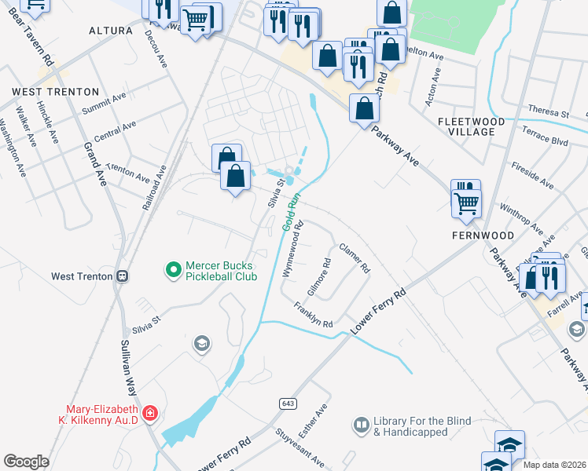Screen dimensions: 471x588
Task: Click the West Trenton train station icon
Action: pyautogui.click(x=122, y=276)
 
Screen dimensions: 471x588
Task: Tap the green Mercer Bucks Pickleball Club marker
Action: pyautogui.click(x=174, y=270)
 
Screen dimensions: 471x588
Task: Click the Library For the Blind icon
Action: pyautogui.click(x=361, y=425)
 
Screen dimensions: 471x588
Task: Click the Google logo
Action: pyautogui.click(x=26, y=461)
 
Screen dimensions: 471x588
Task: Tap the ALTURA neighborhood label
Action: pyautogui.click(x=111, y=31)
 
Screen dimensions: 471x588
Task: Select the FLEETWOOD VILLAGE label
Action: pyautogui.click(x=476, y=126)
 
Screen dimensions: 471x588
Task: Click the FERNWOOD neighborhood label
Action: pyautogui.click(x=483, y=235)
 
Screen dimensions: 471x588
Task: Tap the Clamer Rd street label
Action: pyautogui.click(x=355, y=257)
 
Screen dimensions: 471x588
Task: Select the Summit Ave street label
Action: pyautogui.click(x=105, y=102)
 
